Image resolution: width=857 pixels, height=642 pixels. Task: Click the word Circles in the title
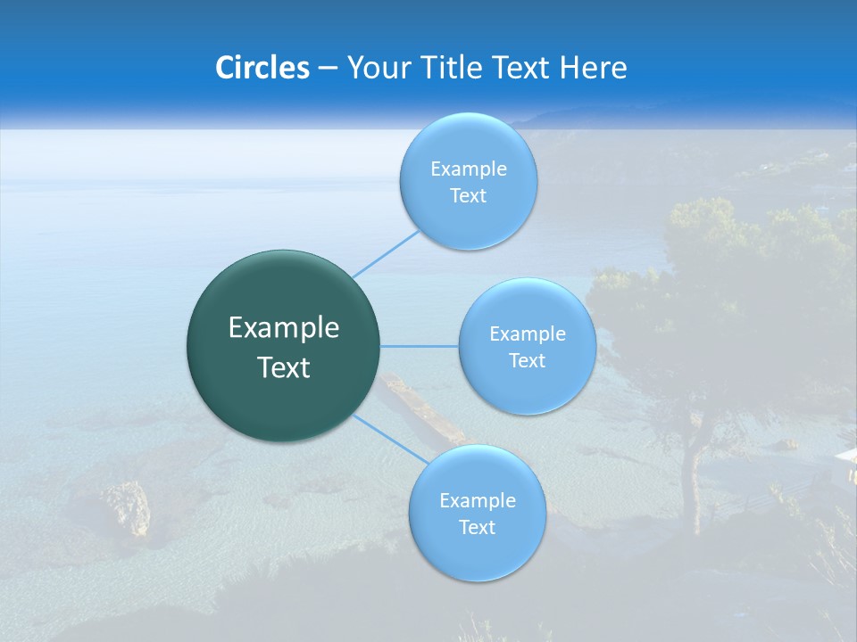262,68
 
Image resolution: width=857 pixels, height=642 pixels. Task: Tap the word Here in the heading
593,68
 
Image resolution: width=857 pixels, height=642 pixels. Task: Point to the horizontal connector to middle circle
420,346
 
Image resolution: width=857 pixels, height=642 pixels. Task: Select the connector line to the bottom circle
390,439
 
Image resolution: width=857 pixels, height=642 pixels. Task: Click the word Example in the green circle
284,328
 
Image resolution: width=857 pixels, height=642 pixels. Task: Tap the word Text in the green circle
284,367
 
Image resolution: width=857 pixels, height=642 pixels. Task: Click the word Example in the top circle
468,169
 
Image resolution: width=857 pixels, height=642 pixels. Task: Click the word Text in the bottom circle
477,527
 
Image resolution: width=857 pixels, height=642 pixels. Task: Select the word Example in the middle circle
527,333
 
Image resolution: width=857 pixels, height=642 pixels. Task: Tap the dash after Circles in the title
327,69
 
